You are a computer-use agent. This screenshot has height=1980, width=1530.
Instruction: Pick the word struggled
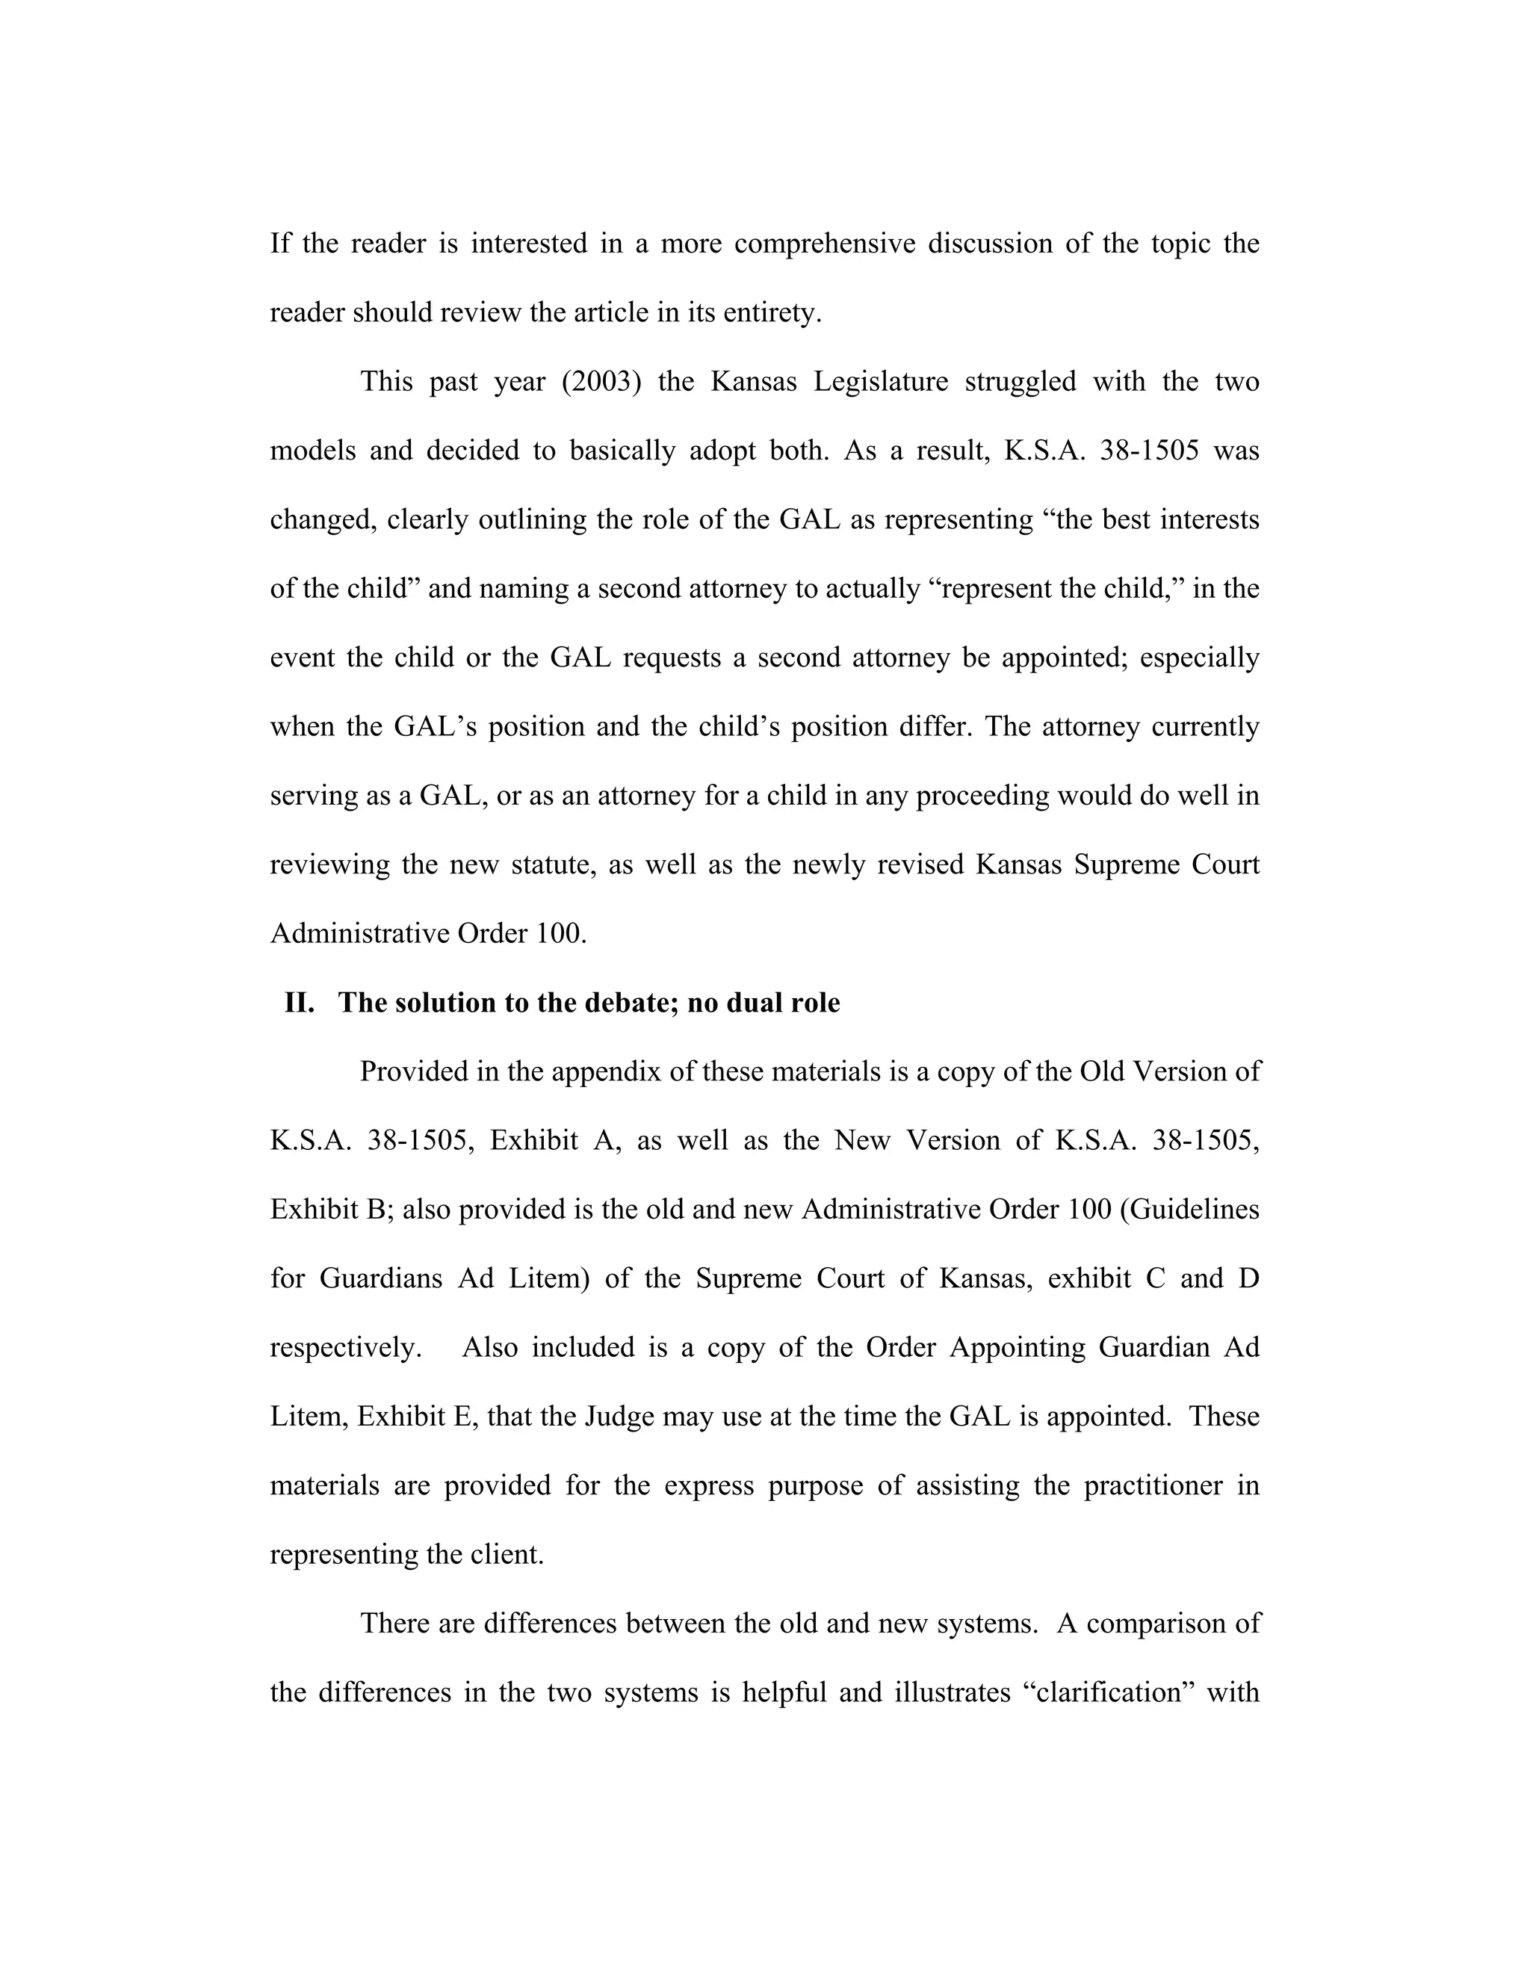(x=1020, y=382)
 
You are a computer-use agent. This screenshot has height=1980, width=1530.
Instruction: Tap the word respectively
(x=346, y=1348)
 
